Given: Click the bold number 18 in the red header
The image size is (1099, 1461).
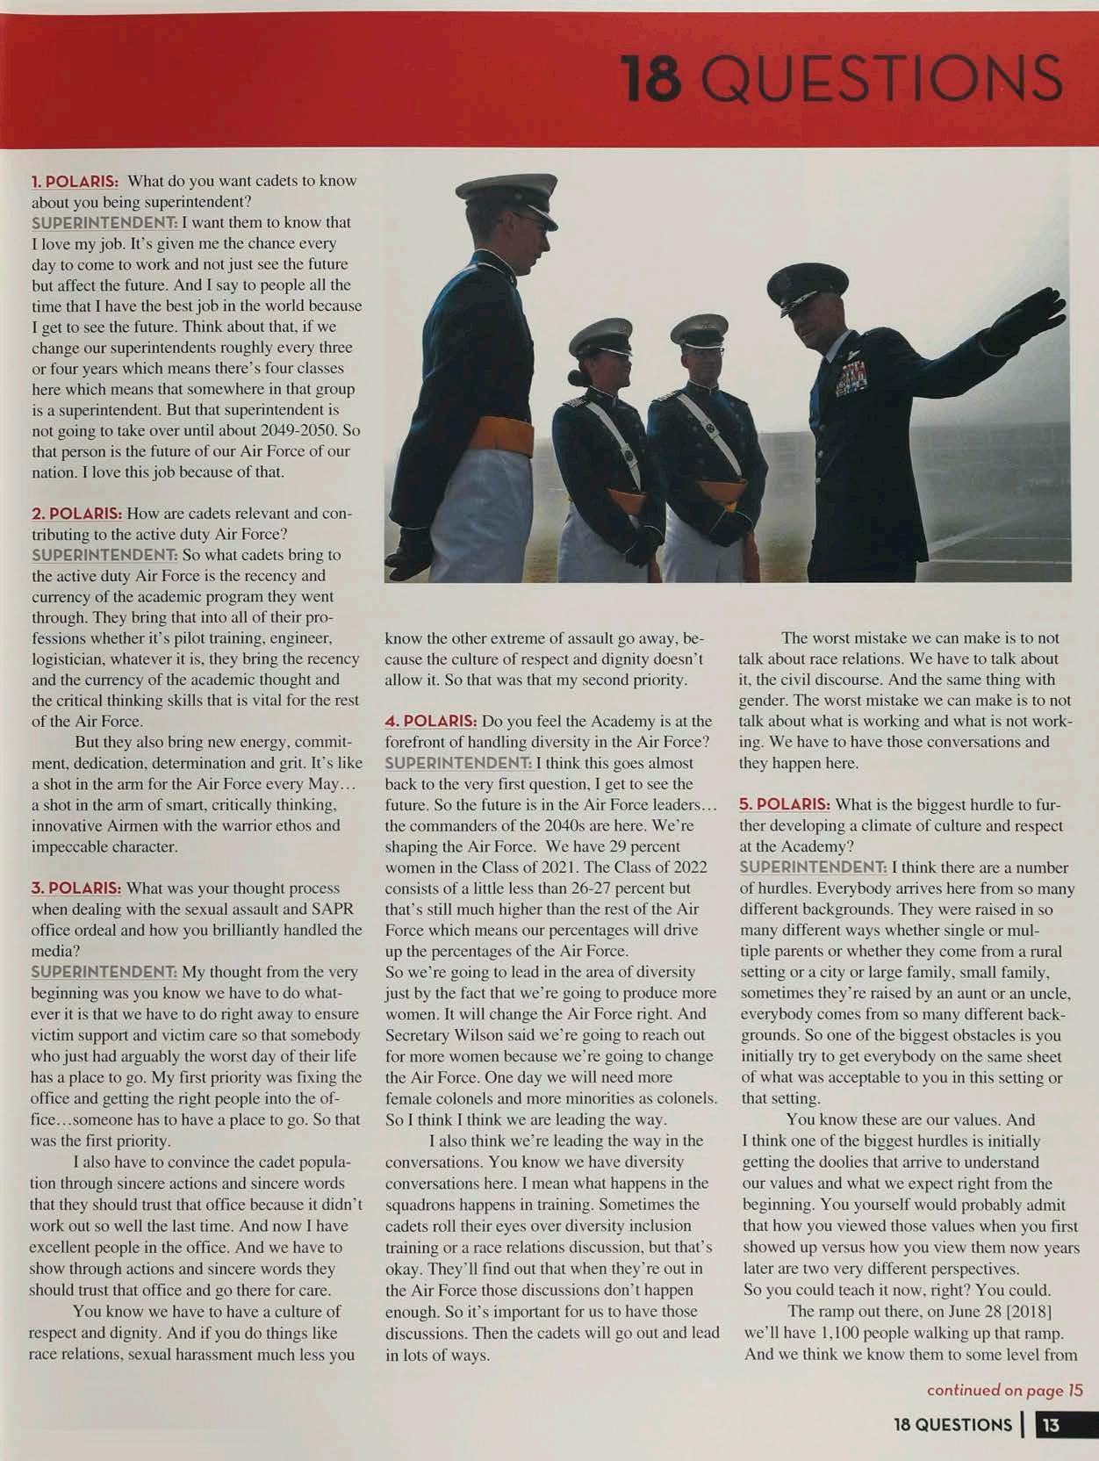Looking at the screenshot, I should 651,78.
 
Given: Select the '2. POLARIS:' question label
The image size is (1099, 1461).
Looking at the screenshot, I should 76,513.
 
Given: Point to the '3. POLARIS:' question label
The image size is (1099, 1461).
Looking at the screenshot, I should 76,889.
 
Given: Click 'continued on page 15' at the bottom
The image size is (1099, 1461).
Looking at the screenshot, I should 1004,1390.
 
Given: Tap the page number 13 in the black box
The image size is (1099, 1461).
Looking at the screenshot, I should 1050,1425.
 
